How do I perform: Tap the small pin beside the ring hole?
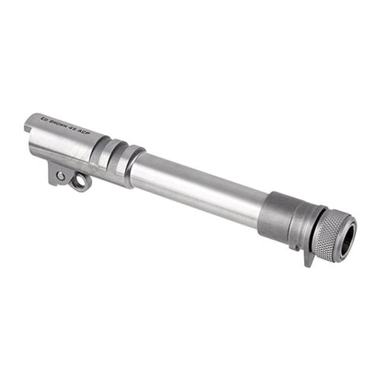click(60, 176)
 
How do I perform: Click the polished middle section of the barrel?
click(198, 187)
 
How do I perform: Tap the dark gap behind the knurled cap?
click(312, 229)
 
